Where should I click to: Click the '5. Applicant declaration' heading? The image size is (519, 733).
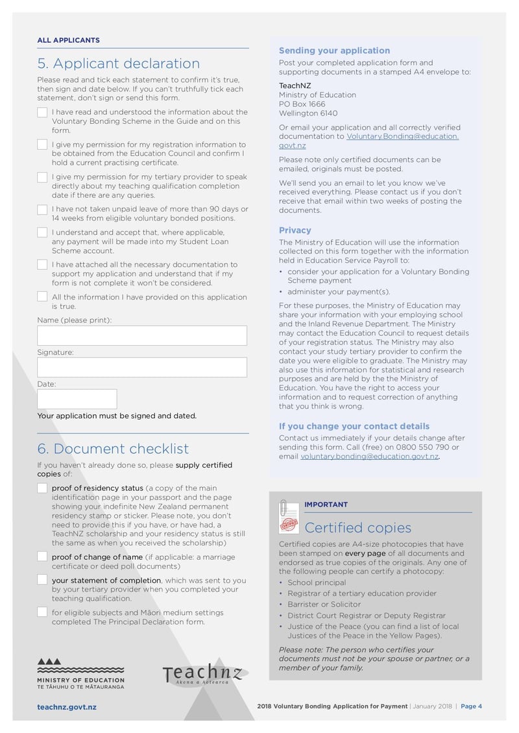[x=118, y=64]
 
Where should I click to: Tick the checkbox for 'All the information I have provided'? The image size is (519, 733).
[x=42, y=297]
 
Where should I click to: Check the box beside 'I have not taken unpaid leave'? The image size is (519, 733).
[x=42, y=210]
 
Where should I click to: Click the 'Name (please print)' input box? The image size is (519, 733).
[x=142, y=335]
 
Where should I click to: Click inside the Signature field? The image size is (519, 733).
[x=142, y=367]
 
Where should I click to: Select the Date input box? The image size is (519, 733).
[x=77, y=399]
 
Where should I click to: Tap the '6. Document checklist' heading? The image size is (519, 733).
[x=113, y=449]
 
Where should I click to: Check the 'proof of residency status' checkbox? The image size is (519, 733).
[x=42, y=488]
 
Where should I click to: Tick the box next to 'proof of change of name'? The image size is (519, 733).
[x=42, y=557]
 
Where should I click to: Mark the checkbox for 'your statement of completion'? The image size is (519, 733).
[x=42, y=580]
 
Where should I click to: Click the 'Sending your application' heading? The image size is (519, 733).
[x=334, y=51]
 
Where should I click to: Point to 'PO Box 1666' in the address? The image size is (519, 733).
[x=302, y=104]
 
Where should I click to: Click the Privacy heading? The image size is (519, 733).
[x=295, y=230]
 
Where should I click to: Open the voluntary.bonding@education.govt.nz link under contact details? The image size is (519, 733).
[x=369, y=457]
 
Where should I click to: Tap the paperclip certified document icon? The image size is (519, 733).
[x=287, y=516]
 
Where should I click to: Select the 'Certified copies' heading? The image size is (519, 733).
[x=357, y=527]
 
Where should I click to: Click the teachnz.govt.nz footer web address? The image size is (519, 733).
[x=67, y=706]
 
